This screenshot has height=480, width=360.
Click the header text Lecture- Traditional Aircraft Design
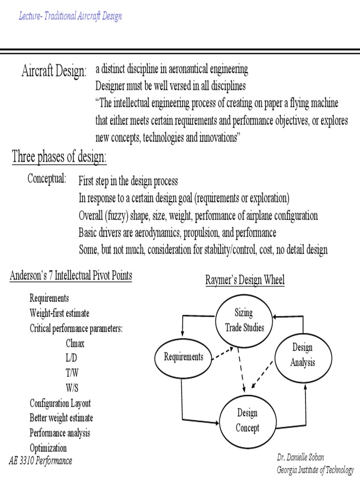point(70,16)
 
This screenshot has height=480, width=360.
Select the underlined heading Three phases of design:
point(59,157)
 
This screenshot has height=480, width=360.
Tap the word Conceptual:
point(47,179)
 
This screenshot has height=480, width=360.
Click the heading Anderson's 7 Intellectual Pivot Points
point(71,276)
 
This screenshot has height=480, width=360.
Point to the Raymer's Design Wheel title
point(245,280)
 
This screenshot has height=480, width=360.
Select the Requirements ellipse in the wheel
point(184,357)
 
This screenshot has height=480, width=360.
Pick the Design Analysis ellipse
point(302,355)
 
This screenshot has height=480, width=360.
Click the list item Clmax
point(75,343)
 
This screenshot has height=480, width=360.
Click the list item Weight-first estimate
point(60,313)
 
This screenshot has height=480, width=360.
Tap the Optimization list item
point(48,448)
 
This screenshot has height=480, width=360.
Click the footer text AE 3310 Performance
point(40,461)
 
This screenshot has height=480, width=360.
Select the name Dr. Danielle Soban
point(305,457)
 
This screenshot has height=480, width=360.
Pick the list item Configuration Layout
point(60,403)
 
